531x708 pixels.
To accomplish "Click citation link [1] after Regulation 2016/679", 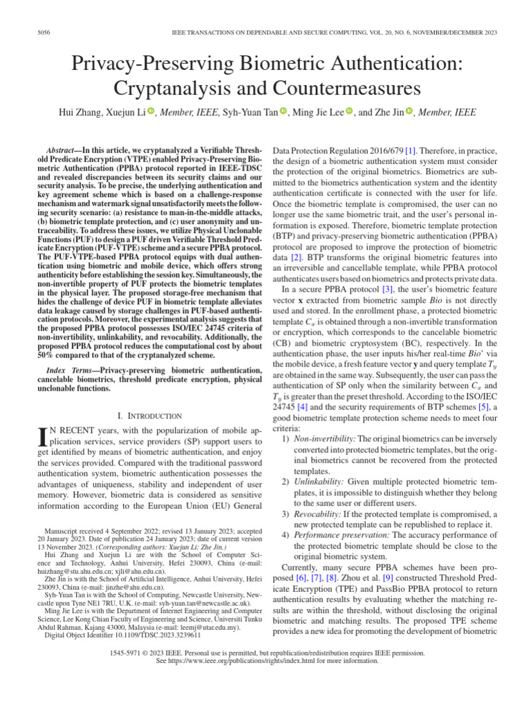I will click(x=411, y=150).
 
